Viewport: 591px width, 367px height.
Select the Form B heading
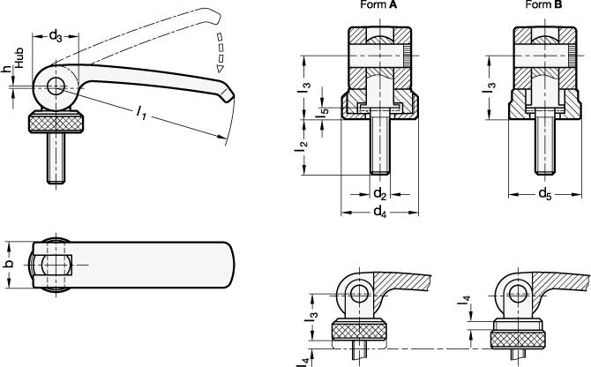(544, 5)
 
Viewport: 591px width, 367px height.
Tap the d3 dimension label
(56, 36)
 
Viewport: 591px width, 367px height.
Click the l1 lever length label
(141, 113)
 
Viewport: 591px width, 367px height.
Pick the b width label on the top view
(9, 264)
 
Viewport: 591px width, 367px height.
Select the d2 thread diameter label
(378, 191)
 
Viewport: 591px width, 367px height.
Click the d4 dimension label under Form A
(379, 212)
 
